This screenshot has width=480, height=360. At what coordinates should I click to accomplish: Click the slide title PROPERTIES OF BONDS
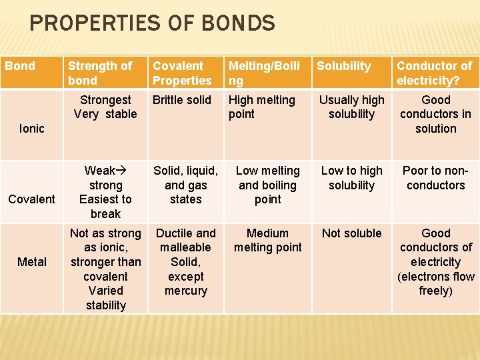(152, 24)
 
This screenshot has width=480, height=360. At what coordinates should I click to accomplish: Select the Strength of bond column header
(100, 73)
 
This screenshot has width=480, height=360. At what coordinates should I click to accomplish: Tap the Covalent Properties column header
(182, 73)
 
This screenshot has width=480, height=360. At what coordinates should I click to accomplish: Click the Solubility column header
(343, 66)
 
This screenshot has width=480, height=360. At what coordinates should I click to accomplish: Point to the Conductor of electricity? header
(434, 73)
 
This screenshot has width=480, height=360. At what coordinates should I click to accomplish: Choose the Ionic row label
(31, 128)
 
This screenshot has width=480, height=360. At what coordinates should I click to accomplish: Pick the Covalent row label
(31, 199)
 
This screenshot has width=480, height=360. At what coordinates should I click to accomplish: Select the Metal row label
(31, 261)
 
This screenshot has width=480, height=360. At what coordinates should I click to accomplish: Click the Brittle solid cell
(181, 100)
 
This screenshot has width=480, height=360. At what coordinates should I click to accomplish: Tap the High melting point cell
(261, 107)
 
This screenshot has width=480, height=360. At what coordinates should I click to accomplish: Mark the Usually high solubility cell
(351, 107)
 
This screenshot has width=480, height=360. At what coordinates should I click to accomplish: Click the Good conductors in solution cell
(435, 114)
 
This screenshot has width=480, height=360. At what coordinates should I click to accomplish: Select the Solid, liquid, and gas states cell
(185, 185)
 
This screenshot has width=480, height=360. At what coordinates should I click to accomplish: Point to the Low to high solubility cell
(351, 178)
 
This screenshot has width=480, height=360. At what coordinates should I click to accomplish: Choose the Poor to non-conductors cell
(435, 178)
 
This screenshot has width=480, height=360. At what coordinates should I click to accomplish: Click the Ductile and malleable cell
(185, 240)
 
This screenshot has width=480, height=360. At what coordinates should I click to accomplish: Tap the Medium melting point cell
(267, 240)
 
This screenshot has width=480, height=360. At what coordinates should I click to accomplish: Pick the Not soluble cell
(351, 233)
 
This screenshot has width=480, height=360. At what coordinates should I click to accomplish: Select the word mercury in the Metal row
(185, 291)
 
